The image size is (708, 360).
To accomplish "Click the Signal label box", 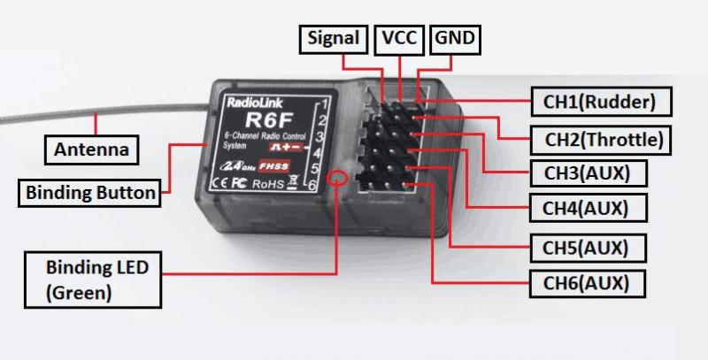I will (x=334, y=39).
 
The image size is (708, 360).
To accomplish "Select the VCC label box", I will (x=398, y=39).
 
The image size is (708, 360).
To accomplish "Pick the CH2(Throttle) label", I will (x=603, y=138).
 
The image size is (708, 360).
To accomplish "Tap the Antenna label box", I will (x=91, y=149).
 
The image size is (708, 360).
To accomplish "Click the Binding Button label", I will (x=90, y=190).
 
